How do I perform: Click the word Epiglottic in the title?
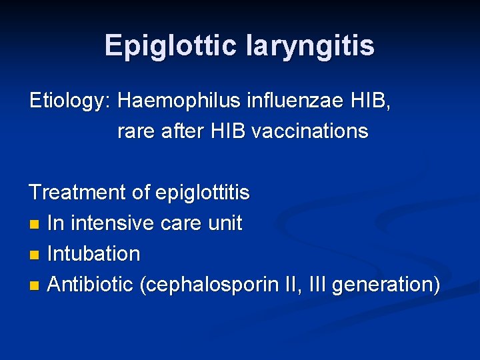(171, 45)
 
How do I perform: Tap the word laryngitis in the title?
(311, 45)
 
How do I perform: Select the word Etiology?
(70, 101)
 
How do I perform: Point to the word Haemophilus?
(175, 101)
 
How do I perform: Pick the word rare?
(137, 131)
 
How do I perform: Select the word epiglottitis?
(202, 193)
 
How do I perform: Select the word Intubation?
(94, 254)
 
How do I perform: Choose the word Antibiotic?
(91, 285)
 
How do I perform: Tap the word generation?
(384, 285)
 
